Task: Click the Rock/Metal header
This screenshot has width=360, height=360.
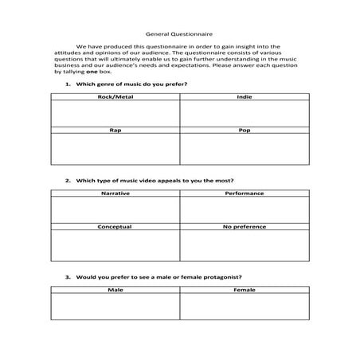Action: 115,97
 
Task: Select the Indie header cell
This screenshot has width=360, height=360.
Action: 244,97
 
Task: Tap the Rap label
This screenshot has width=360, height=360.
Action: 115,129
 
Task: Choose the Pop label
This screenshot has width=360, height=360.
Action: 244,129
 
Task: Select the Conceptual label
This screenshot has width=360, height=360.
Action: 115,227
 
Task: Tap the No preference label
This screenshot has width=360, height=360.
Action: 244,227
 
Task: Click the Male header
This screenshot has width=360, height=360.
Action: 115,290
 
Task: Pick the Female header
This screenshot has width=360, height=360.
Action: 244,290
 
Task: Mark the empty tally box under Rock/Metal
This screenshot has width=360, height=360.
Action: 115,114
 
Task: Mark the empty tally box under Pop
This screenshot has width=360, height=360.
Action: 244,149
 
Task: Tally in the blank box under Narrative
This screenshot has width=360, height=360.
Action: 115,211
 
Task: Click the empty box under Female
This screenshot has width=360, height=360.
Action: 244,307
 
